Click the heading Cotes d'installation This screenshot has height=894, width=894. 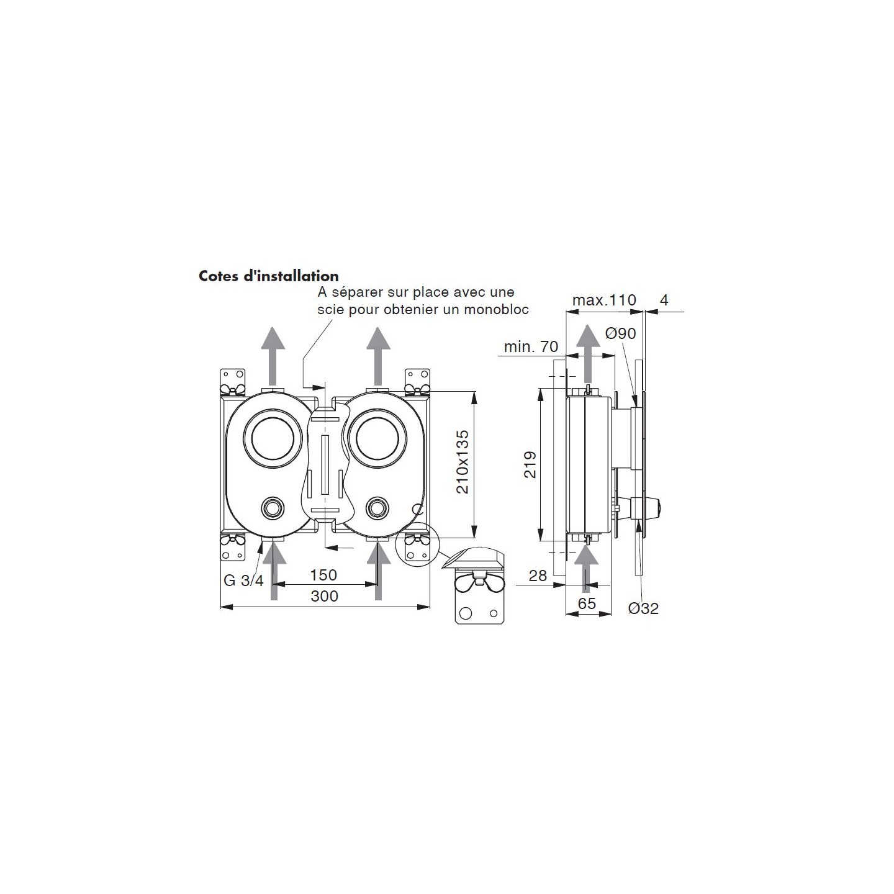[269, 276]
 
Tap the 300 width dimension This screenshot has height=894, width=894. [324, 596]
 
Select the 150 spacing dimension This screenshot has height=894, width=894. [323, 575]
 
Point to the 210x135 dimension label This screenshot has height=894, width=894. [462, 463]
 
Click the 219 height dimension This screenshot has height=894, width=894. [530, 465]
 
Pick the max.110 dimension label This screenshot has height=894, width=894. [604, 300]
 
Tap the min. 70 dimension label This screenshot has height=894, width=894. [531, 346]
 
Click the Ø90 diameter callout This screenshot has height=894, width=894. [621, 333]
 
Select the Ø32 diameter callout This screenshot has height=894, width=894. [643, 608]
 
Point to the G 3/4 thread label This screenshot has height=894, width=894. [243, 580]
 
